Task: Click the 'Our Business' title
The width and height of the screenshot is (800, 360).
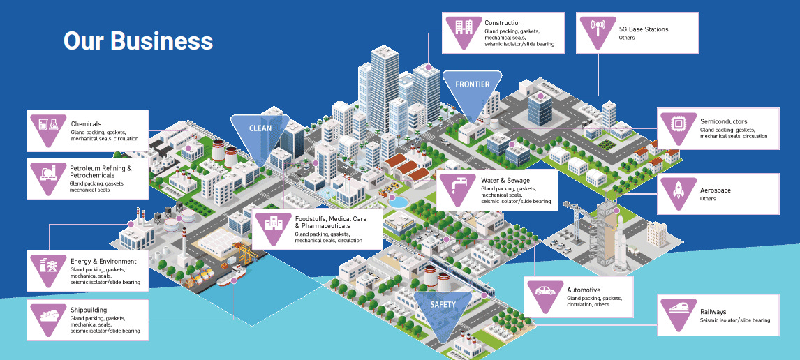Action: [138, 40]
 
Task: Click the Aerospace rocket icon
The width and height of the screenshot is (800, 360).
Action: [678, 190]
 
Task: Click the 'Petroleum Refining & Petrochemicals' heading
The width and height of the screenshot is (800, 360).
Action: [100, 172]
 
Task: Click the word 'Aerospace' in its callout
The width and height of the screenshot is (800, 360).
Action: [716, 190]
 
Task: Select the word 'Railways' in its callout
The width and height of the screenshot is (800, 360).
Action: [713, 312]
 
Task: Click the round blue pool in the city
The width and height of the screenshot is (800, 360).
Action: [401, 201]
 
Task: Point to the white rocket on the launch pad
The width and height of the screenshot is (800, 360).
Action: [620, 237]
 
